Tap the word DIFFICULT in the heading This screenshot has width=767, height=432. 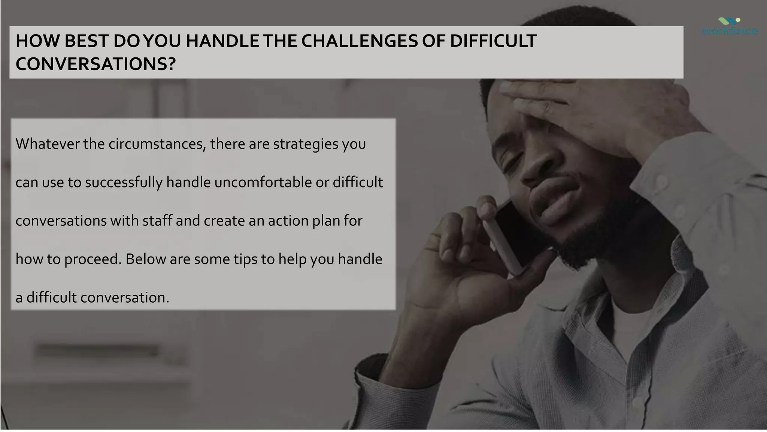pyautogui.click(x=493, y=41)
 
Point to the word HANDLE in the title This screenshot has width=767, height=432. pyautogui.click(x=222, y=41)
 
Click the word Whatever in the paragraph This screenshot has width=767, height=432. pyautogui.click(x=47, y=144)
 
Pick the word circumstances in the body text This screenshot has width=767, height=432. pyautogui.click(x=157, y=144)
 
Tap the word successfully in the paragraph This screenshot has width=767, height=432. pyautogui.click(x=124, y=183)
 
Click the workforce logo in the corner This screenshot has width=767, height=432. pyautogui.click(x=730, y=27)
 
